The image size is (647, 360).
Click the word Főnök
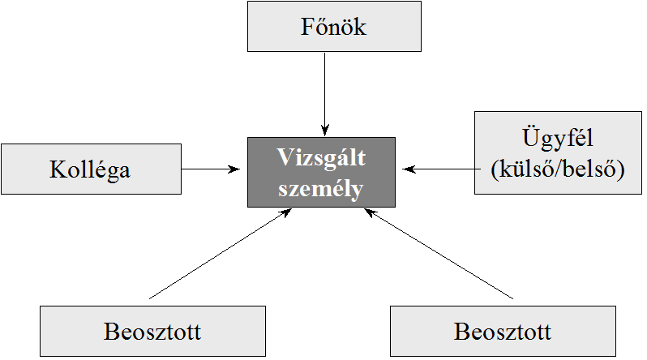(335, 28)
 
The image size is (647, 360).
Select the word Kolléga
(90, 170)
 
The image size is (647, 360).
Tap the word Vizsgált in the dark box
(321, 157)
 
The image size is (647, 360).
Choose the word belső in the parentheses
(595, 171)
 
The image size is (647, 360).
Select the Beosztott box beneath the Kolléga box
(152, 332)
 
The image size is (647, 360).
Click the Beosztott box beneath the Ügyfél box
(503, 332)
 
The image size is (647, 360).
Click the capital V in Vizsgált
(283, 157)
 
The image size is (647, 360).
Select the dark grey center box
(321, 171)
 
